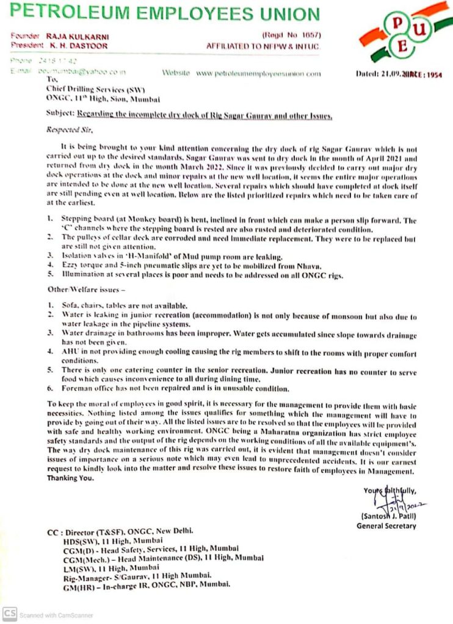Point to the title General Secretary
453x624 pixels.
(x=386, y=526)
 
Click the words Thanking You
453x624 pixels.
(x=71, y=478)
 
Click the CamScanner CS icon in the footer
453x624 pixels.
(x=9, y=614)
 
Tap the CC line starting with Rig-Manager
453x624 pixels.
(x=137, y=575)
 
